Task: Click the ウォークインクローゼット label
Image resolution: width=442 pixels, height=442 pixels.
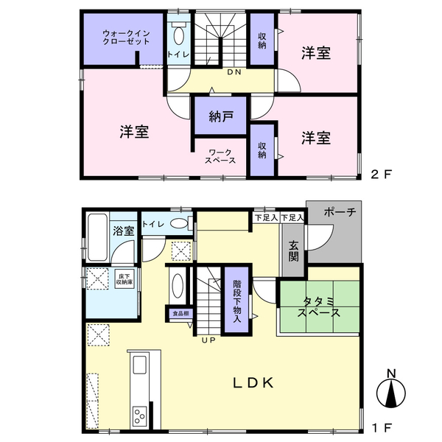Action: pyautogui.click(x=126, y=38)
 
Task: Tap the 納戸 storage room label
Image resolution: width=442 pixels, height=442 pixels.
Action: pyautogui.click(x=221, y=116)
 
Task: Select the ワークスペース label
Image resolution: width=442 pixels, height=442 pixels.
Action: pyautogui.click(x=220, y=156)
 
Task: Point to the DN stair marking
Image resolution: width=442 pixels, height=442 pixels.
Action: pyautogui.click(x=234, y=72)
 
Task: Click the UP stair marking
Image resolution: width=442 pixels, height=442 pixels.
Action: pyautogui.click(x=208, y=340)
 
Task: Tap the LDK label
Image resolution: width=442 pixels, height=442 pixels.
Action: pyautogui.click(x=253, y=383)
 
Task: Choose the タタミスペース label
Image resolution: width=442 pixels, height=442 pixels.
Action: pyautogui.click(x=318, y=307)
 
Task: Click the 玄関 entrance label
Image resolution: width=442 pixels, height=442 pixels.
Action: pyautogui.click(x=293, y=251)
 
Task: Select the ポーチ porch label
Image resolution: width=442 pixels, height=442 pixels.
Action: pyautogui.click(x=340, y=212)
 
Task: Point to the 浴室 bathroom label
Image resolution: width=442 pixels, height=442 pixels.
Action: pyautogui.click(x=124, y=231)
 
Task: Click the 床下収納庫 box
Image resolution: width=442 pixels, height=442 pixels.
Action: pyautogui.click(x=124, y=279)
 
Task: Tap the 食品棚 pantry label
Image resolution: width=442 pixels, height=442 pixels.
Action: pyautogui.click(x=180, y=313)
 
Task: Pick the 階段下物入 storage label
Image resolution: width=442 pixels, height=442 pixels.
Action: pyautogui.click(x=237, y=301)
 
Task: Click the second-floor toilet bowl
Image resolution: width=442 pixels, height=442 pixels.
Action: pyautogui.click(x=178, y=35)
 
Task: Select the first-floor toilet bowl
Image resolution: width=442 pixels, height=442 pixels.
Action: pyautogui.click(x=179, y=223)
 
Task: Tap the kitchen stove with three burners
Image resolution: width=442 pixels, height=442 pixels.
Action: pyautogui.click(x=140, y=415)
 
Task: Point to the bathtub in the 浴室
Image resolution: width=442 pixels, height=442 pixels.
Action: pyautogui.click(x=97, y=238)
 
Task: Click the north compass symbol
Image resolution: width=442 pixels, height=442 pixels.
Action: pyautogui.click(x=391, y=390)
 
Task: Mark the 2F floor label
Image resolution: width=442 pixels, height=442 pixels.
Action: pyautogui.click(x=382, y=175)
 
